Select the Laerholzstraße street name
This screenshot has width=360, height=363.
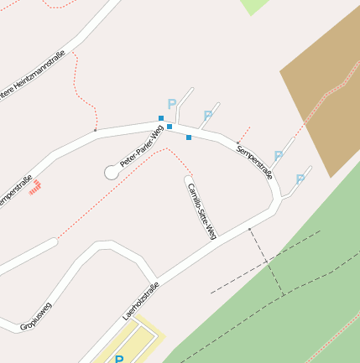coord(141,302)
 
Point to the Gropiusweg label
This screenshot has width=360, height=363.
coord(36,316)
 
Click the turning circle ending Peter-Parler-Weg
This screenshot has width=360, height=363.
coord(111,172)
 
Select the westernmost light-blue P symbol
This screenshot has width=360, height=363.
coord(172,104)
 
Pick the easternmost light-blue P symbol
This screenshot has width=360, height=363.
coord(300,179)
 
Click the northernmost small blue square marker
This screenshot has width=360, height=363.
coord(161,118)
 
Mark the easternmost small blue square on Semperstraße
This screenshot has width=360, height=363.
coord(189,137)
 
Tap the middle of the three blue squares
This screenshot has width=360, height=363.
coord(170,127)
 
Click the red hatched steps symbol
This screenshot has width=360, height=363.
coord(35,189)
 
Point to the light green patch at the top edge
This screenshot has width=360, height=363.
coord(254,5)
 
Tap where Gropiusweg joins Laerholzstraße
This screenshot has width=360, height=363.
coord(155,280)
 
